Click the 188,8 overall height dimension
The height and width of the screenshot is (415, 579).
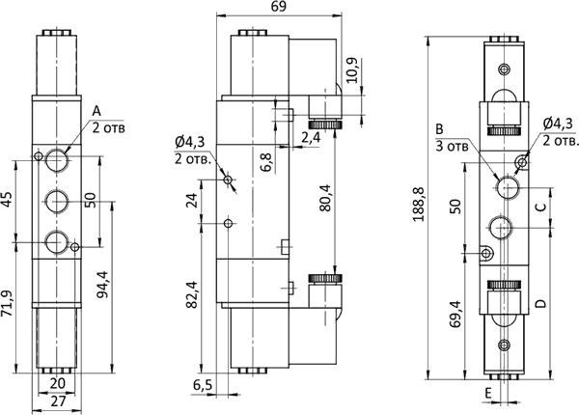coord(419,205)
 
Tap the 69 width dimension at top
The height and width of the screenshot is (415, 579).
coord(279,7)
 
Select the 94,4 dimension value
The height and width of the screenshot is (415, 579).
coord(103,285)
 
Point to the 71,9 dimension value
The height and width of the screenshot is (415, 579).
coord(8,303)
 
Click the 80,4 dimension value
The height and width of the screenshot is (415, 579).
coord(326,198)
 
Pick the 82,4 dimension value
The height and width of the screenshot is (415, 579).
coord(192,294)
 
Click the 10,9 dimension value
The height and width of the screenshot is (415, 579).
coord(351,70)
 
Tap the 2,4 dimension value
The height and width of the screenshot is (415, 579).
coord(312,138)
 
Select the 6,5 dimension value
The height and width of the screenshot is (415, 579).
coord(203,385)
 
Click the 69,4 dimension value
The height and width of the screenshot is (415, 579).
coord(455,314)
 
